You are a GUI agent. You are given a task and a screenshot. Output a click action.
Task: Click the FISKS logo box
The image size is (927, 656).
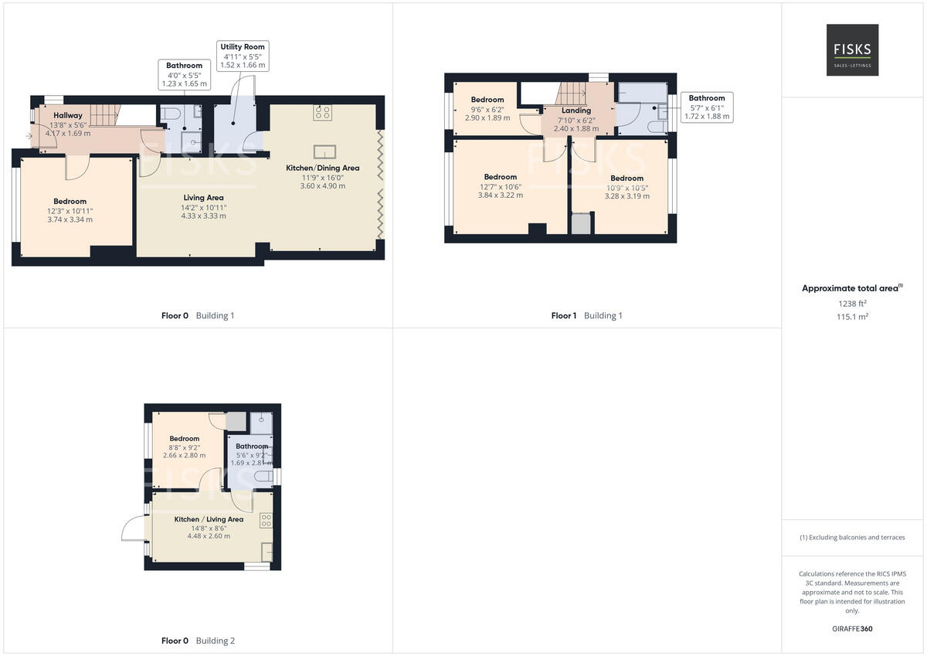coord(852,50)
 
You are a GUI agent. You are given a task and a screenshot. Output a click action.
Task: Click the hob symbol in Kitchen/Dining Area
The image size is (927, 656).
coord(322,113)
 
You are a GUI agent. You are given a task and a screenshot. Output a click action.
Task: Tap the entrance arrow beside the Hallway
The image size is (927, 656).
coord(29,136)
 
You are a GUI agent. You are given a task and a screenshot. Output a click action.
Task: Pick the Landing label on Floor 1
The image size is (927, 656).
coord(576,110)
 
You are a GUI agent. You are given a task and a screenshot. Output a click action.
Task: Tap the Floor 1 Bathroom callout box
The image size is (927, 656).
coord(707,107)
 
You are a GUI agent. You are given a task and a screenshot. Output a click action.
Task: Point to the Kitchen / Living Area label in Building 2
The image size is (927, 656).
coord(209,519)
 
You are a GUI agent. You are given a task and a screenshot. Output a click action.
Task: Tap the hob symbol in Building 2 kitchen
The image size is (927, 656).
coord(266,520)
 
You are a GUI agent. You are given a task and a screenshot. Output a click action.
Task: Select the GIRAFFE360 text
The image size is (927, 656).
coord(852,629)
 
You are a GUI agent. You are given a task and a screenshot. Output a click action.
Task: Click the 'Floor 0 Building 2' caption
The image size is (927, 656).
coord(198,641)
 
